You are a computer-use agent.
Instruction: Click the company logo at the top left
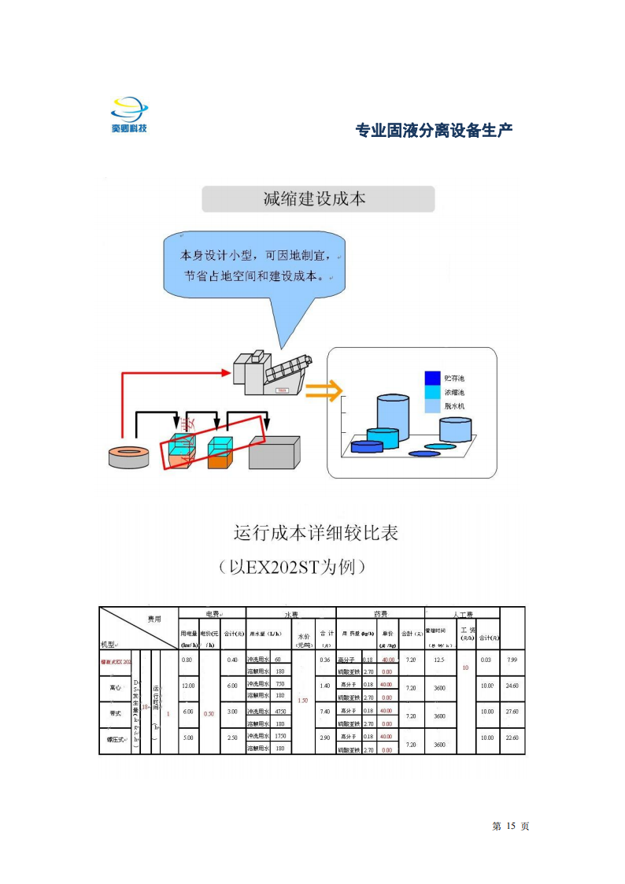click(x=129, y=115)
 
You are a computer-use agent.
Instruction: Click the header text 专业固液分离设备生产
click(x=435, y=131)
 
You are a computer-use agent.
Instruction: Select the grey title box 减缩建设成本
click(x=318, y=199)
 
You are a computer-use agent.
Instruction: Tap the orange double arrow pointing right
click(x=324, y=390)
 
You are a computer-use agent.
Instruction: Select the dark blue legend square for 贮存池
click(x=432, y=377)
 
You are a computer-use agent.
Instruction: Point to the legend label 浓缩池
click(x=455, y=392)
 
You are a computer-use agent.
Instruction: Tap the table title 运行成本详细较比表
click(x=316, y=533)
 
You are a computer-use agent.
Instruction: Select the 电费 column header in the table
click(x=212, y=613)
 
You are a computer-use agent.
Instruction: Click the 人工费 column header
click(x=462, y=613)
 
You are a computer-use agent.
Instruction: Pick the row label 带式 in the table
click(x=115, y=712)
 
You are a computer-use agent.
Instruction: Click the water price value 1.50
click(x=303, y=700)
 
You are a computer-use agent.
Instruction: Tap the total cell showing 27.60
click(x=512, y=712)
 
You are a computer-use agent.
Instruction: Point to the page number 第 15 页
click(x=511, y=826)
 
